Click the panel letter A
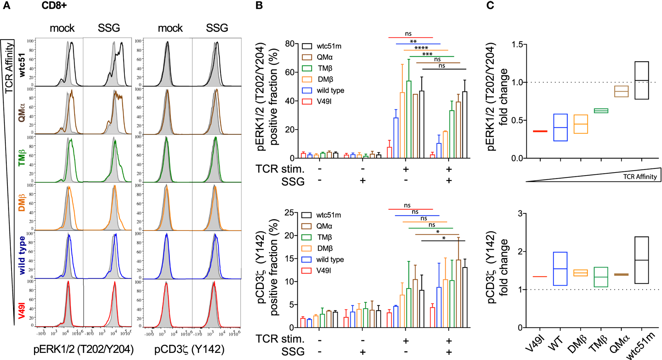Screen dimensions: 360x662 pos(6,6)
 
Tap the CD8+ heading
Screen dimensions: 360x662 pos(54,6)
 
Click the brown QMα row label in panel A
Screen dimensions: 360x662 pos(22,113)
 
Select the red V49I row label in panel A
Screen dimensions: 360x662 pos(22,311)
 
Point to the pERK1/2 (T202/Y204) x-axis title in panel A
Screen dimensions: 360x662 pos(83,349)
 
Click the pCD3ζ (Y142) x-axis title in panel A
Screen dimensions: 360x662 pos(189,349)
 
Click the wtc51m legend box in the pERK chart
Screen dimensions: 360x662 pos(307,46)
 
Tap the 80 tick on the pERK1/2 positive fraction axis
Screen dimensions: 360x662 pos(290,44)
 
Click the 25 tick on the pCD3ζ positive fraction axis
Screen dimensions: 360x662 pos(290,212)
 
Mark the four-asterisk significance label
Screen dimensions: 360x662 pos(421,48)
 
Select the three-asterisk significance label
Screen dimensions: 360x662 pos(427,55)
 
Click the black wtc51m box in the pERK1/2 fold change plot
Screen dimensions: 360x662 pos(641,80)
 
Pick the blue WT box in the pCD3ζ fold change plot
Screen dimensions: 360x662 pos(560,269)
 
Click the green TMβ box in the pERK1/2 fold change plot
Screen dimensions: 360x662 pos(601,111)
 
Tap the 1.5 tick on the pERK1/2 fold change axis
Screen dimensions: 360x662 pos(517,44)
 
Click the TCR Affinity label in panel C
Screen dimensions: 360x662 pos(640,177)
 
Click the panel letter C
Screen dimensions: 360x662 pos(490,6)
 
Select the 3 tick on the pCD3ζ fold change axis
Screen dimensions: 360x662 pos(520,214)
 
